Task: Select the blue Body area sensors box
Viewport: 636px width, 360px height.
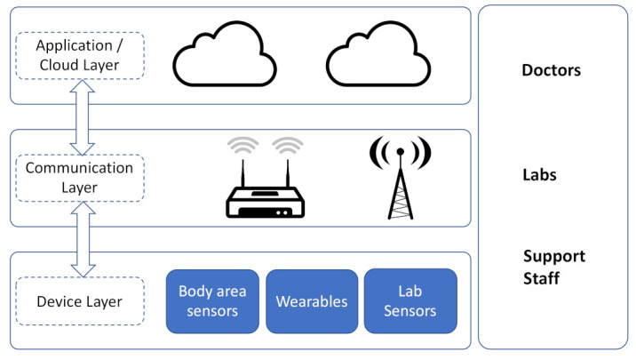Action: click(x=213, y=301)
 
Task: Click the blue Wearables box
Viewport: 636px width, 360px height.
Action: click(x=311, y=301)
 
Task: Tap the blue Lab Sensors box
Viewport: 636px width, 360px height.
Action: click(x=410, y=301)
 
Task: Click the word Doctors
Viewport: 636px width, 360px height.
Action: click(x=552, y=70)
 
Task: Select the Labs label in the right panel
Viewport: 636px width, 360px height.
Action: click(x=539, y=175)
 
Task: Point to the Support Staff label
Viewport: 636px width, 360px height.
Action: click(x=553, y=268)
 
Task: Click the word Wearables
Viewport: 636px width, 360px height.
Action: click(x=311, y=301)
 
